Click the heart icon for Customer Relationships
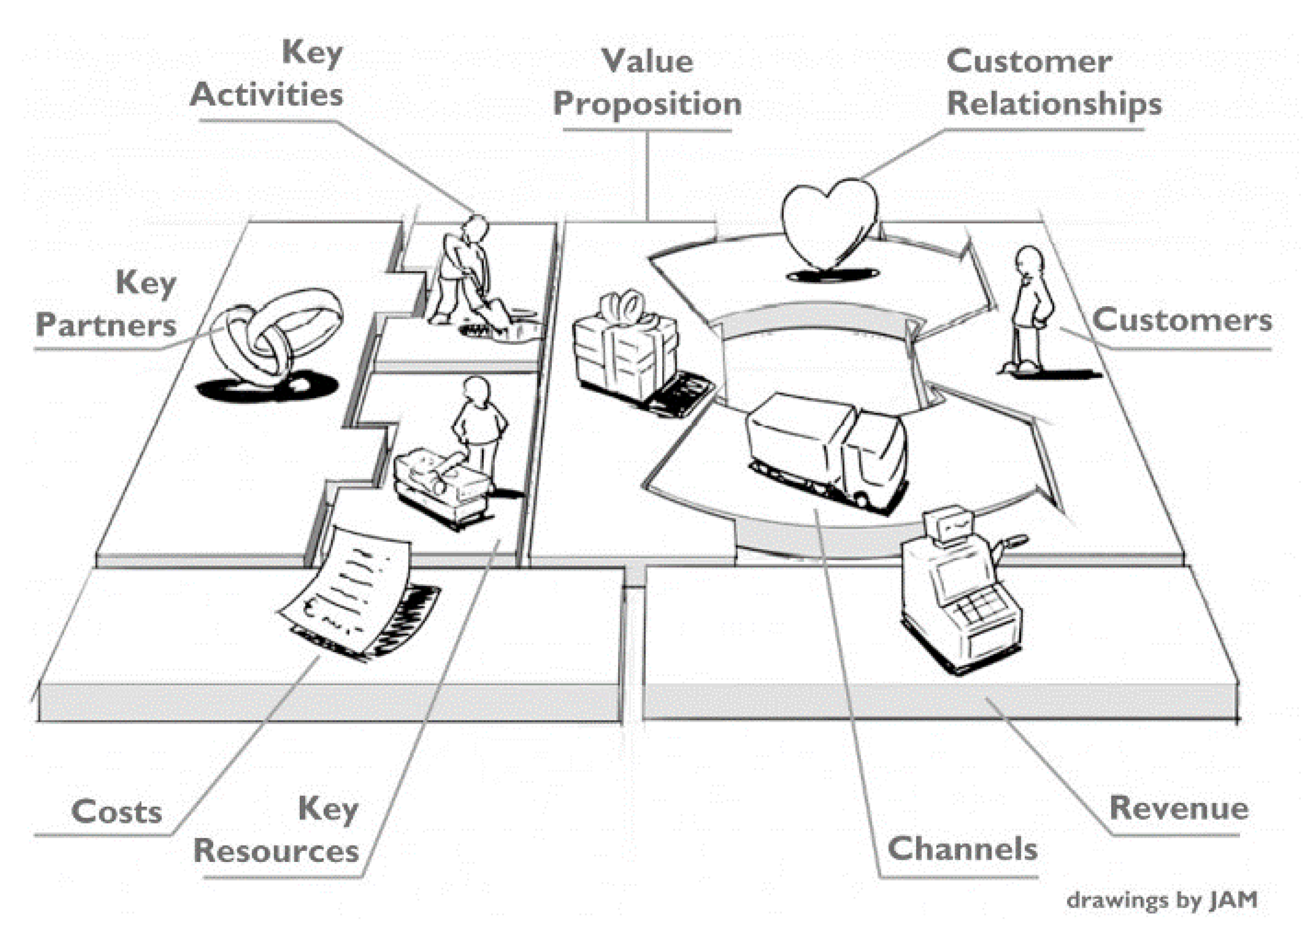[x=828, y=223]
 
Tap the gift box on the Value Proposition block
[x=625, y=353]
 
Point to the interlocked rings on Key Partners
[x=275, y=336]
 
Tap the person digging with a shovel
[x=463, y=272]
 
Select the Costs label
[x=116, y=812]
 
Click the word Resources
[x=276, y=851]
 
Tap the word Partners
[x=106, y=325]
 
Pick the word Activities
[x=266, y=94]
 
